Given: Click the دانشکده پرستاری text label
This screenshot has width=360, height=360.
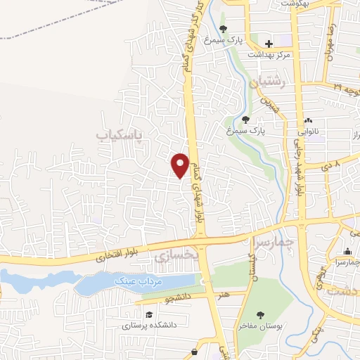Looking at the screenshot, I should coord(148,326).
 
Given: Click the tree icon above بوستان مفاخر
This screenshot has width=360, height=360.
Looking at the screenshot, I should coord(260,314).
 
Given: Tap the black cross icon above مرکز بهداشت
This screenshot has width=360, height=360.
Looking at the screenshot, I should coord(269,44).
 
